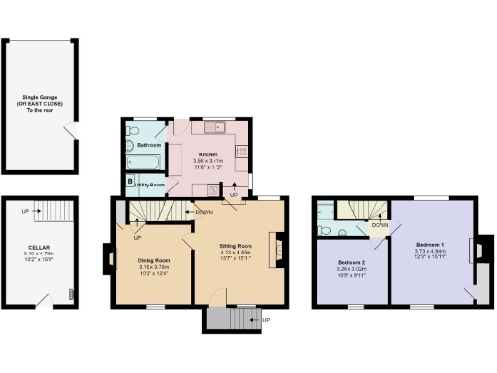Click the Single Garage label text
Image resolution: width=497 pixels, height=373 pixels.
38,104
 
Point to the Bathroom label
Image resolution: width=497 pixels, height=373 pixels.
149,145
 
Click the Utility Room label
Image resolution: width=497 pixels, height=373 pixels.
150,184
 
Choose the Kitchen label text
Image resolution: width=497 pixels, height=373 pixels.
207,154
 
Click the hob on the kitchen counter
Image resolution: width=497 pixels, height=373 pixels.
242,152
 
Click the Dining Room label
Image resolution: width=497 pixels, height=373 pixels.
153,261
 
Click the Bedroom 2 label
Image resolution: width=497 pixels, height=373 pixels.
350,263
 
